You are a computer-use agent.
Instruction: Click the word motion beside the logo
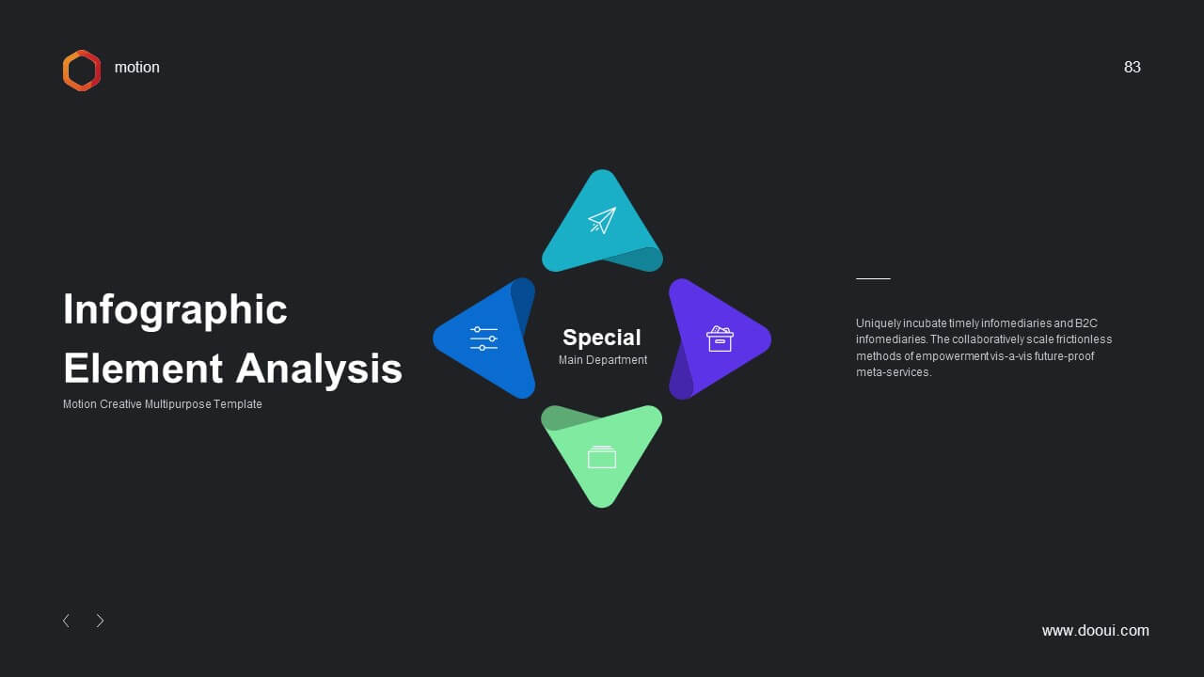[x=137, y=67]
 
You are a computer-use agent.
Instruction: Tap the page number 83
[x=1132, y=67]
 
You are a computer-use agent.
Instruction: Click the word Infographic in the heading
[x=175, y=310]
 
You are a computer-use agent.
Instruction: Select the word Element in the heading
[x=143, y=369]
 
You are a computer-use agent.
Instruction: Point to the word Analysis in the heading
[x=319, y=370]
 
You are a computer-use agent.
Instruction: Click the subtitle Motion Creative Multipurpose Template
[x=163, y=404]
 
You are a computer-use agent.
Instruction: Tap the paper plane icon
[x=602, y=220]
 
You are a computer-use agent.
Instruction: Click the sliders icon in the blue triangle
[x=483, y=338]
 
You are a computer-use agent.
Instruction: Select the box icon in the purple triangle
[x=720, y=338]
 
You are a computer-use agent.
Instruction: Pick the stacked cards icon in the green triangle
[x=602, y=457]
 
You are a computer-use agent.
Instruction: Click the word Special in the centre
[x=601, y=338]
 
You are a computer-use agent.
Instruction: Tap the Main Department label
[x=603, y=360]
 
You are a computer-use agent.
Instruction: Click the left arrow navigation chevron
[x=66, y=621]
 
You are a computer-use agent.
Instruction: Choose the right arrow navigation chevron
[x=100, y=621]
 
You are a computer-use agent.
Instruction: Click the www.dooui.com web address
[x=1096, y=630]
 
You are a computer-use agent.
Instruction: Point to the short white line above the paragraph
[x=873, y=279]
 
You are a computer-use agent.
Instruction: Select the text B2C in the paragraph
[x=1085, y=323]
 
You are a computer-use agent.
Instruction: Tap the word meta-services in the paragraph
[x=894, y=372]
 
